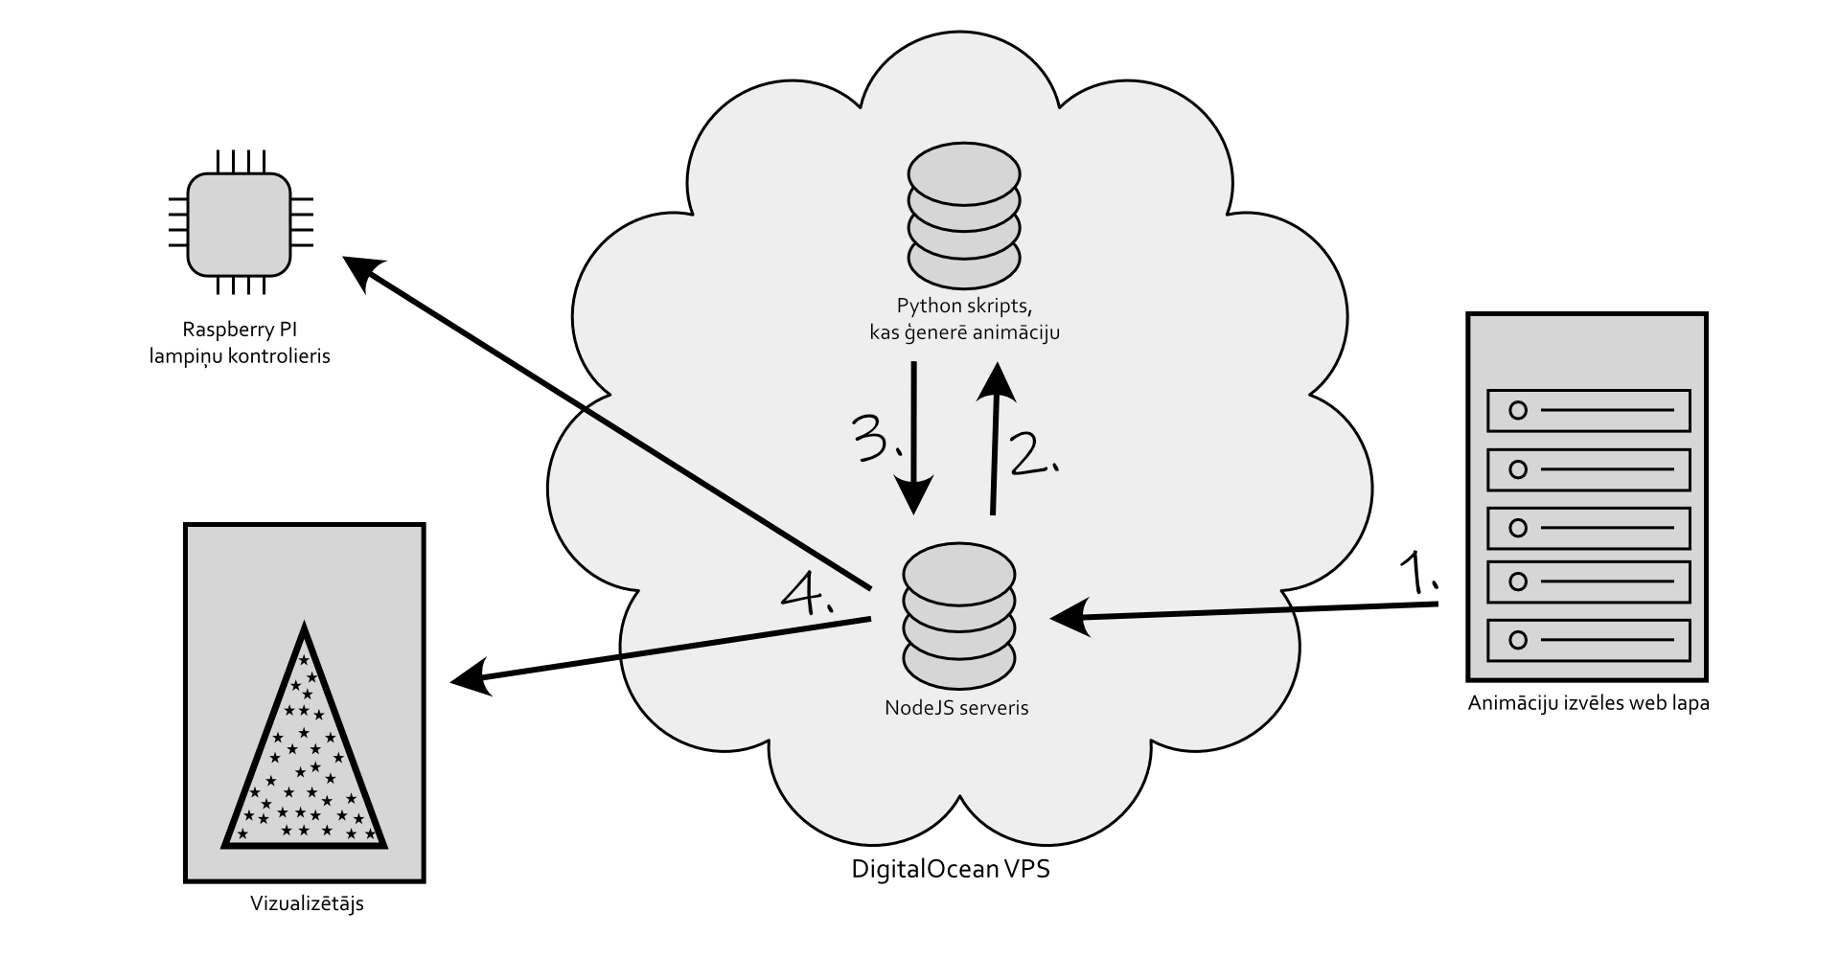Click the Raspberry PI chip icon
click(239, 223)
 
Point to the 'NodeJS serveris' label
click(956, 709)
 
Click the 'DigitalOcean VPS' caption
click(951, 871)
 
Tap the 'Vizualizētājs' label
click(307, 903)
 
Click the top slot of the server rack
click(1588, 411)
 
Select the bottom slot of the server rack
click(1588, 640)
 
